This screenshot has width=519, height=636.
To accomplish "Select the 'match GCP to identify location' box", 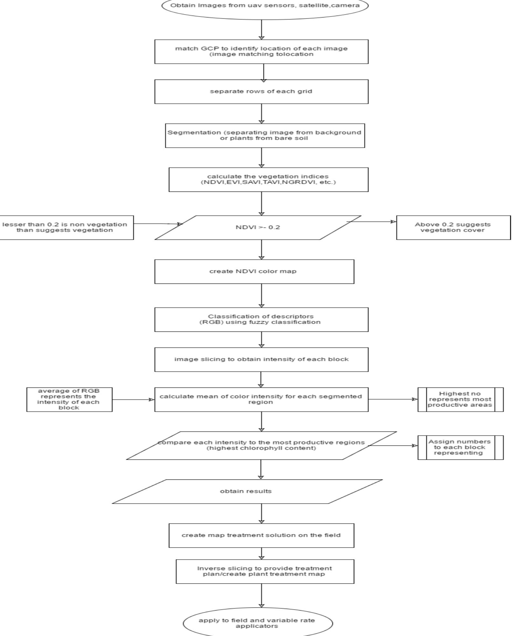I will [x=261, y=52].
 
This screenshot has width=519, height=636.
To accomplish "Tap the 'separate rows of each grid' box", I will [x=261, y=92].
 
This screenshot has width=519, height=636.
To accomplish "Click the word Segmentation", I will [x=185, y=133].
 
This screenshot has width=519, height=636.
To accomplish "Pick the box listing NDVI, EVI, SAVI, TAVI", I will [x=268, y=179].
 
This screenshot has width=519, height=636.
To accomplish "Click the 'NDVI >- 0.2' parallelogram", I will [x=258, y=227].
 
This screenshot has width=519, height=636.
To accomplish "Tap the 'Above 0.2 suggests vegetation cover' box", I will [x=453, y=227].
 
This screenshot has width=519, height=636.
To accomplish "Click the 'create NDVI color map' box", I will [x=254, y=271].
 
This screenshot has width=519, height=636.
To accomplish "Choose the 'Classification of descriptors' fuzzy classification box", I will [x=261, y=319].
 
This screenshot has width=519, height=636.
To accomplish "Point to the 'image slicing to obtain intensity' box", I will [x=261, y=360].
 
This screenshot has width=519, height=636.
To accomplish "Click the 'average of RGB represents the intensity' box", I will [x=69, y=400].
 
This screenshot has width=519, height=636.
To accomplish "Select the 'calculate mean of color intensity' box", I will [x=261, y=400].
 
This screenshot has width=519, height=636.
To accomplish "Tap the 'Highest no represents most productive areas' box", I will [x=460, y=400].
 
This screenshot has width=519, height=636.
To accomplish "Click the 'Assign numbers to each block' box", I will [x=460, y=447].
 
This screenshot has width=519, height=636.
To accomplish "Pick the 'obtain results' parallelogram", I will [x=247, y=492].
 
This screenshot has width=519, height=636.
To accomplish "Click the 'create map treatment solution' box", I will [x=261, y=535].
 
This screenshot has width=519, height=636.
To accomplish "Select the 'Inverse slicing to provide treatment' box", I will [x=265, y=571].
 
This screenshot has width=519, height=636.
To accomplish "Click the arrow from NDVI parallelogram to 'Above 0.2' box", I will [x=372, y=222].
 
